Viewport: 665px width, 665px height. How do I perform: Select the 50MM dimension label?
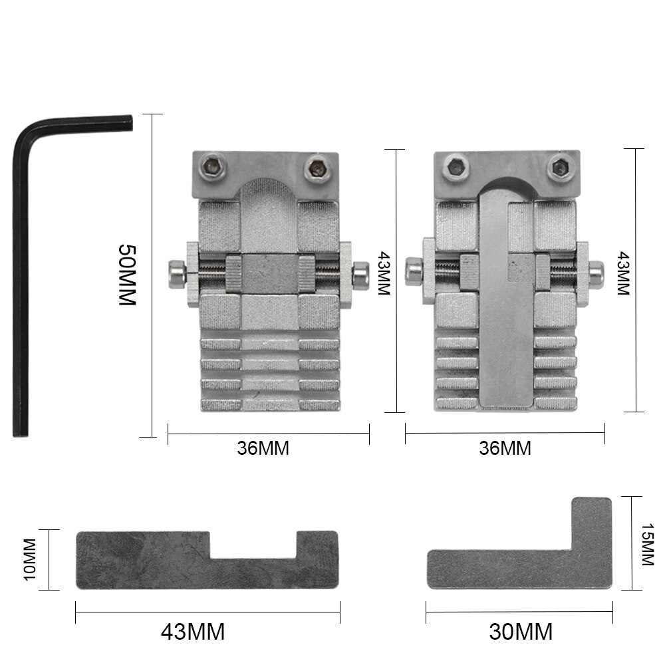coord(126,275)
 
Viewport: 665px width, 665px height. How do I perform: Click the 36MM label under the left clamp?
coord(263,448)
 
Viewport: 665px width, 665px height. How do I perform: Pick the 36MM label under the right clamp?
coord(505,448)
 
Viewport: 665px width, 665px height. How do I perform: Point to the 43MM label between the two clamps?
coord(384,273)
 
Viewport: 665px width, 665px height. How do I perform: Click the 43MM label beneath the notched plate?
coord(193,631)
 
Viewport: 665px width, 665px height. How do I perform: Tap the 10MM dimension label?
coord(30,559)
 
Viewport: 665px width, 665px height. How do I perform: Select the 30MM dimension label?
coord(521,631)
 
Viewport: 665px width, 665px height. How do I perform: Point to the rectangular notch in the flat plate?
coord(253,544)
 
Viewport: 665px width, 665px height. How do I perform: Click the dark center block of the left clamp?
coord(269,273)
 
